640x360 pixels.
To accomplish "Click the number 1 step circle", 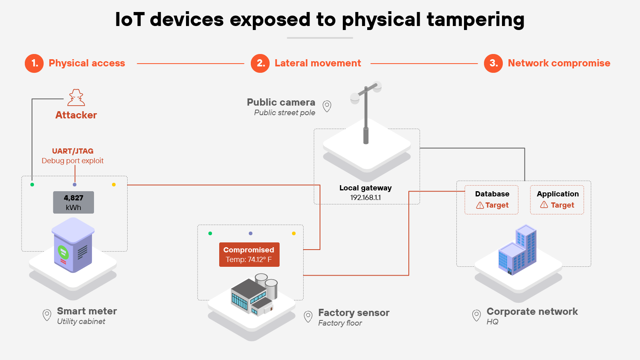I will pos(34,63).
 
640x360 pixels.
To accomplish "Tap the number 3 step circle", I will pos(493,63).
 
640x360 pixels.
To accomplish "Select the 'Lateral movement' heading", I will pos(318,63).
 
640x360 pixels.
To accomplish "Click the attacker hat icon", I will pos(76,98).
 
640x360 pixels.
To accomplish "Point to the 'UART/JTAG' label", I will pos(73,151).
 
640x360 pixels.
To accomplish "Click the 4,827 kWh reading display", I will pos(74,202).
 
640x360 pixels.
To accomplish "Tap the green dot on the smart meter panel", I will pos(32,184).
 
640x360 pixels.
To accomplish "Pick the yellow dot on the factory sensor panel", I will pos(294,233).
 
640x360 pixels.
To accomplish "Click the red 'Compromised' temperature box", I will pos(249,254).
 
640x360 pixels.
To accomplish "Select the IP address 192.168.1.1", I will pos(366,198).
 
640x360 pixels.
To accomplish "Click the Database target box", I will pos(492,200).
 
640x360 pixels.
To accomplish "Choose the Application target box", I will pos(557,200).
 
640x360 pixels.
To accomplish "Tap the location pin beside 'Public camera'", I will pos(327,106).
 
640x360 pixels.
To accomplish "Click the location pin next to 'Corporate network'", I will pos(476,315).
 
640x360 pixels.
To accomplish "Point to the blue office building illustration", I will pos(517,250).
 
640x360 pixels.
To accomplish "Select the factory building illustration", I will pos(254,295).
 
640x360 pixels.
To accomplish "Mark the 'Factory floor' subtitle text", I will pos(340,323).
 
